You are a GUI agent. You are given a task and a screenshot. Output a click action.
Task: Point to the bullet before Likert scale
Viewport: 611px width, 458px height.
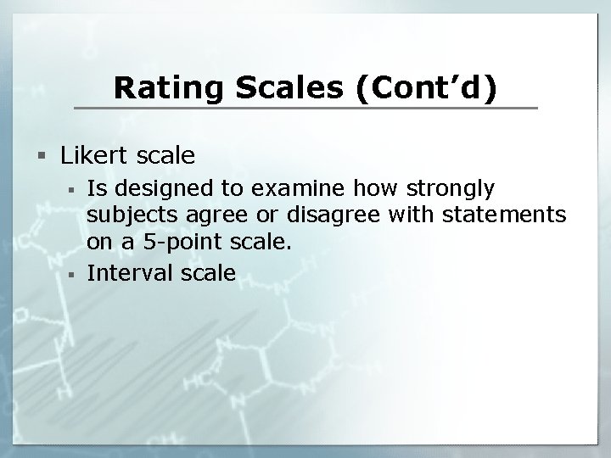pyautogui.click(x=42, y=156)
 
